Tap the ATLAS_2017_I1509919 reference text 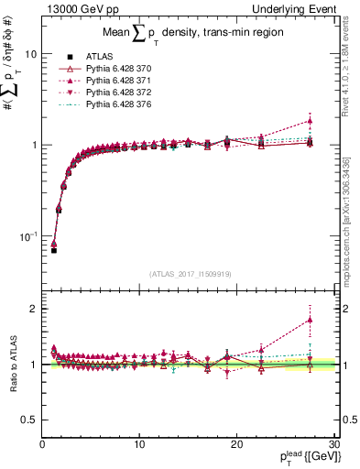pos(191,273)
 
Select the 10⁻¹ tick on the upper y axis pos(27,235)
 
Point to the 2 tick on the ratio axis pos(34,309)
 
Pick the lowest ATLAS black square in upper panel pos(53,249)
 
